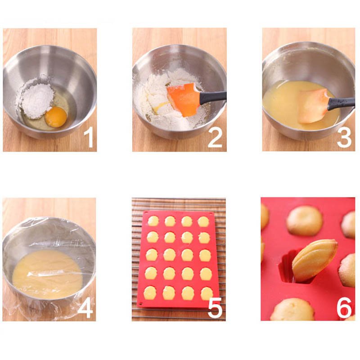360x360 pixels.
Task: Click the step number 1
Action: point(89,138)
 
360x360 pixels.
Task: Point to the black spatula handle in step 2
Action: point(213,96)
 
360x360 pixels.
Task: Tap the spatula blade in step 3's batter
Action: point(313,106)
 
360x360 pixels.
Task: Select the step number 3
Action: point(344,138)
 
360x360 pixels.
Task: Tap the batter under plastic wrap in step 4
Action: point(47,274)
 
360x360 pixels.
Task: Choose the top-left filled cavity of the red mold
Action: point(153,221)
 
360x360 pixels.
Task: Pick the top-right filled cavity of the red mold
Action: point(203,221)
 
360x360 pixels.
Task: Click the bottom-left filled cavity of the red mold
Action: point(150,293)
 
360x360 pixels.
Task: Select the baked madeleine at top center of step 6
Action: point(305,220)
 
